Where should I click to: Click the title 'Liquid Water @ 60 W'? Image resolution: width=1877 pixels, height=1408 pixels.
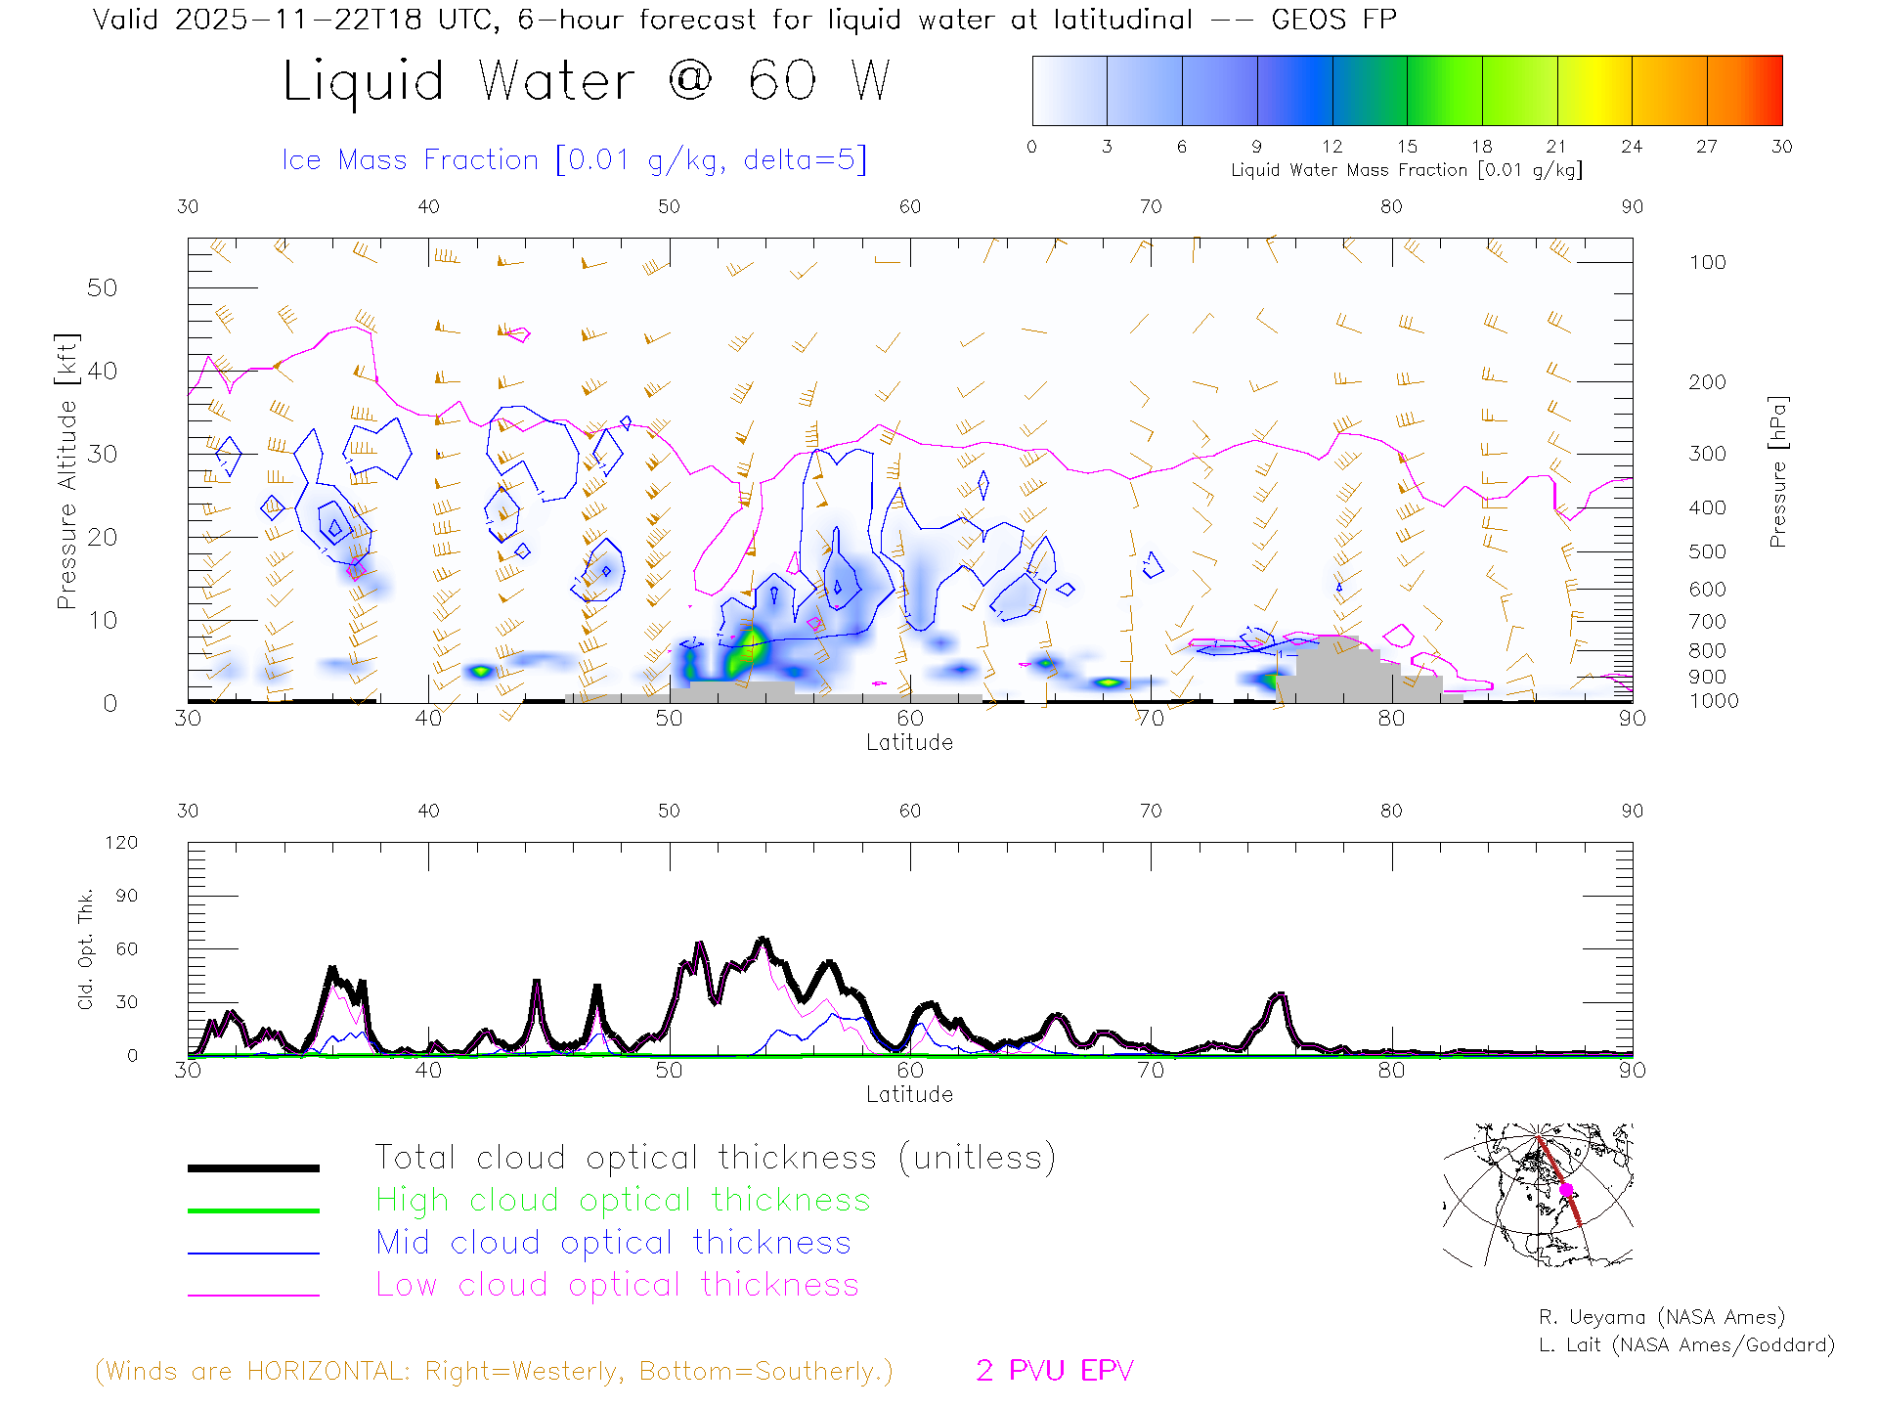(x=587, y=81)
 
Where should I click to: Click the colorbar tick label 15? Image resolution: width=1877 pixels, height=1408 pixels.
(x=1407, y=147)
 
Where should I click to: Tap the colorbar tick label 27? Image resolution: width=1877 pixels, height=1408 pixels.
(x=1707, y=147)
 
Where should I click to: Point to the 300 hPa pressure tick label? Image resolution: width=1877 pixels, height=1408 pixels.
(x=1707, y=454)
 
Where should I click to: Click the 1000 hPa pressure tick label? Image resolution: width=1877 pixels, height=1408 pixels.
(x=1714, y=701)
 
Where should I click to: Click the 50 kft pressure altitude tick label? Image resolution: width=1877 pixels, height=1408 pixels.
(x=102, y=287)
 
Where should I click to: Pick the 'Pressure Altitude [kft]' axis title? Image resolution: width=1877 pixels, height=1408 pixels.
(x=66, y=471)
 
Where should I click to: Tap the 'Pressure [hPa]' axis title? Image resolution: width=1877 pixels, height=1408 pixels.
(x=1777, y=471)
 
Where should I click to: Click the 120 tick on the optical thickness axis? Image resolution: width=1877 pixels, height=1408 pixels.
(x=121, y=843)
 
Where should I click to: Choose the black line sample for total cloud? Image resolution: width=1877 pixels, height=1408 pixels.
(x=253, y=1167)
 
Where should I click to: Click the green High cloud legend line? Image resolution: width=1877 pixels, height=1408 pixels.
(x=253, y=1210)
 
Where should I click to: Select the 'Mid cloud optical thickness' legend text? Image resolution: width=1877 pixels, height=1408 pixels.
(x=614, y=1243)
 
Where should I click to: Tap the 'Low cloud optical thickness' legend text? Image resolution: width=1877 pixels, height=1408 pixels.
(x=618, y=1285)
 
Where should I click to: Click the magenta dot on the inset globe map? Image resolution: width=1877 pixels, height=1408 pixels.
(x=1566, y=1190)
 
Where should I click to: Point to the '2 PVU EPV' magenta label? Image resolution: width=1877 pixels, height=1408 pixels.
(x=1055, y=1371)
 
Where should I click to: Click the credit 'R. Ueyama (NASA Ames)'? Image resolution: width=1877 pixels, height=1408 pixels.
(x=1661, y=1317)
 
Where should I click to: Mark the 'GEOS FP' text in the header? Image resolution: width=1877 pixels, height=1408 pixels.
(x=1333, y=20)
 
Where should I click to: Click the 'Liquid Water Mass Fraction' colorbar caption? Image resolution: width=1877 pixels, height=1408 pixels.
(x=1406, y=170)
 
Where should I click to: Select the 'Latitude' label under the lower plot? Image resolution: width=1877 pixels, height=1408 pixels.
(x=909, y=1094)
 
